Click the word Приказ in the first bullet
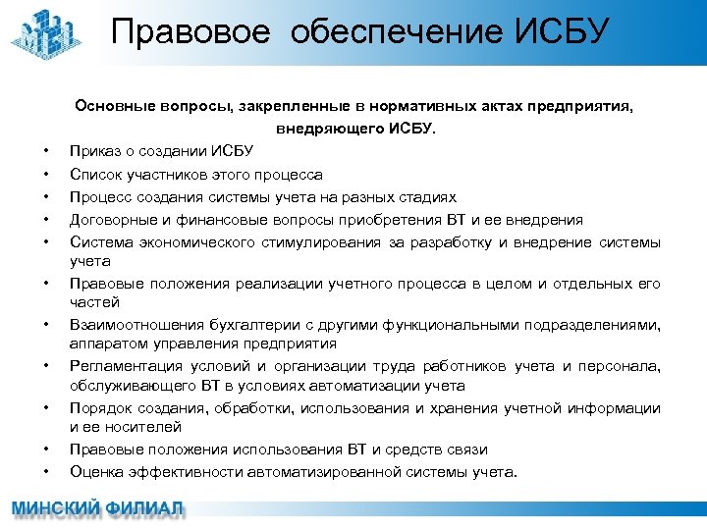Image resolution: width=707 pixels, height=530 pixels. coord(94,151)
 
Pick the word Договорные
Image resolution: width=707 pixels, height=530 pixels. coord(114,220)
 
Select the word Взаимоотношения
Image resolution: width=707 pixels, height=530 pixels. coord(135,324)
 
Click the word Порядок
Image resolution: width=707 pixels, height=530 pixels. coord(100,407)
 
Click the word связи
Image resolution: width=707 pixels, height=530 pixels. coord(466,450)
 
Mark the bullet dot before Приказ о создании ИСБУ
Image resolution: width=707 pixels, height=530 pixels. coord(46,152)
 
